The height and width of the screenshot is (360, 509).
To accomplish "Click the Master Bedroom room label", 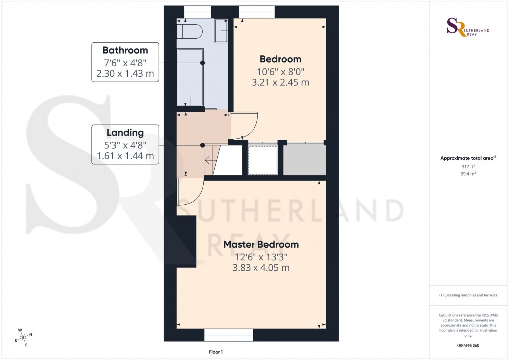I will tap(261, 245).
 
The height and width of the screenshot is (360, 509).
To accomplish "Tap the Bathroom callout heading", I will tap(125, 50).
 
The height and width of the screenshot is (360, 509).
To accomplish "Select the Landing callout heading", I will tap(125, 133).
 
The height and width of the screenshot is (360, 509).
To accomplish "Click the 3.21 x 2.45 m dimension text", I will tap(280, 82).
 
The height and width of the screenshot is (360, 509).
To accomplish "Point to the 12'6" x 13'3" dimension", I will tap(261, 257).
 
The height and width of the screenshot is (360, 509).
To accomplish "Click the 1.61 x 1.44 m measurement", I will tap(125, 156).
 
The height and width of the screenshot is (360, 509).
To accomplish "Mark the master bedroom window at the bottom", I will tap(229, 335).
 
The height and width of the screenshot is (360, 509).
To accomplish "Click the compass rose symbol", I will tap(23, 338).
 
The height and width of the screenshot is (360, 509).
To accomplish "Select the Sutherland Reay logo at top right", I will tap(467, 27).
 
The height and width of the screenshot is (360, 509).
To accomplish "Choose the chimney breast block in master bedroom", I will tap(186, 242).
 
